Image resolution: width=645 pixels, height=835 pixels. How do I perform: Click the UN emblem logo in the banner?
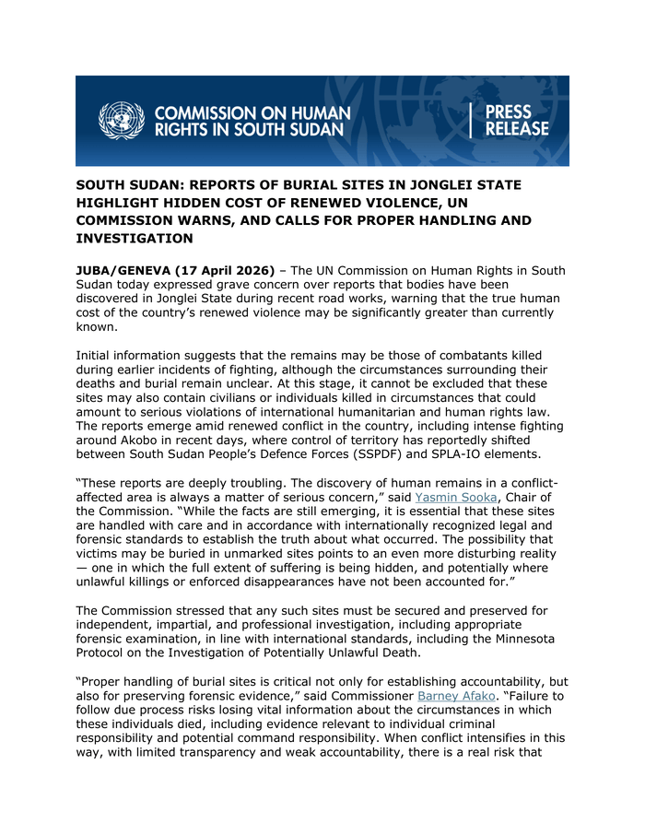click(122, 121)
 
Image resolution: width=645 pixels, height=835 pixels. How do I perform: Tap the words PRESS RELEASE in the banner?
click(516, 121)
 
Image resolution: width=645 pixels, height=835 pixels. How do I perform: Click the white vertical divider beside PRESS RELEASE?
click(472, 121)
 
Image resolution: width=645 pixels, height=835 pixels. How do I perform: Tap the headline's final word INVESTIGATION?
click(135, 240)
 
